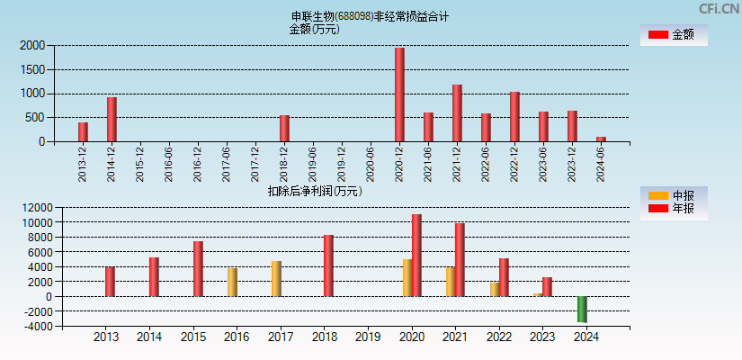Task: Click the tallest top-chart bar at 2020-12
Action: [x=399, y=94]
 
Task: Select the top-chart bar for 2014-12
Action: [x=112, y=119]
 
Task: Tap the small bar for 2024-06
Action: [x=601, y=139]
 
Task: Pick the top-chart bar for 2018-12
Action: [x=284, y=128]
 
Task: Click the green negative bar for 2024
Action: [x=582, y=309]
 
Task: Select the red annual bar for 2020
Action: [x=416, y=256]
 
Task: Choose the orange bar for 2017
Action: [x=276, y=279]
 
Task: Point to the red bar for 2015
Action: [x=198, y=269]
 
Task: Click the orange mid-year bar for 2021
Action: [x=451, y=282]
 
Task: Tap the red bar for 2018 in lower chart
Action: [x=328, y=265]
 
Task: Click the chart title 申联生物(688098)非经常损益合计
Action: [x=370, y=16]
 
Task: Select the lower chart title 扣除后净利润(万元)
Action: [x=314, y=191]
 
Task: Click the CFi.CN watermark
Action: [x=719, y=9]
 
